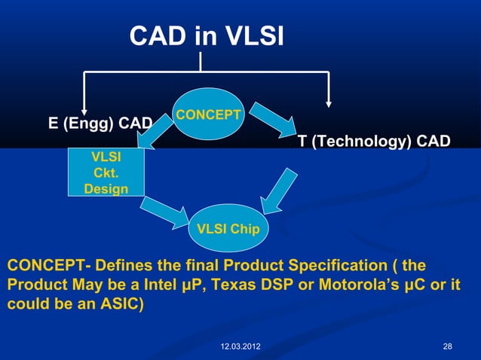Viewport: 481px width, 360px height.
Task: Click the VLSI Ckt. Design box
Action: [x=106, y=173]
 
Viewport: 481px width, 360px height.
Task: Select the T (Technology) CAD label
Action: [x=374, y=142]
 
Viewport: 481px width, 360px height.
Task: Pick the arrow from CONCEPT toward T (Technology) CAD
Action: [x=271, y=118]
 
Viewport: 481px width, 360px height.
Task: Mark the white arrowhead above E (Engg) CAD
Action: [x=84, y=103]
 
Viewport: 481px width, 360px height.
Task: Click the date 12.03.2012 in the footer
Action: [x=240, y=346]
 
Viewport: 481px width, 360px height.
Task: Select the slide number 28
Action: [x=448, y=346]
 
